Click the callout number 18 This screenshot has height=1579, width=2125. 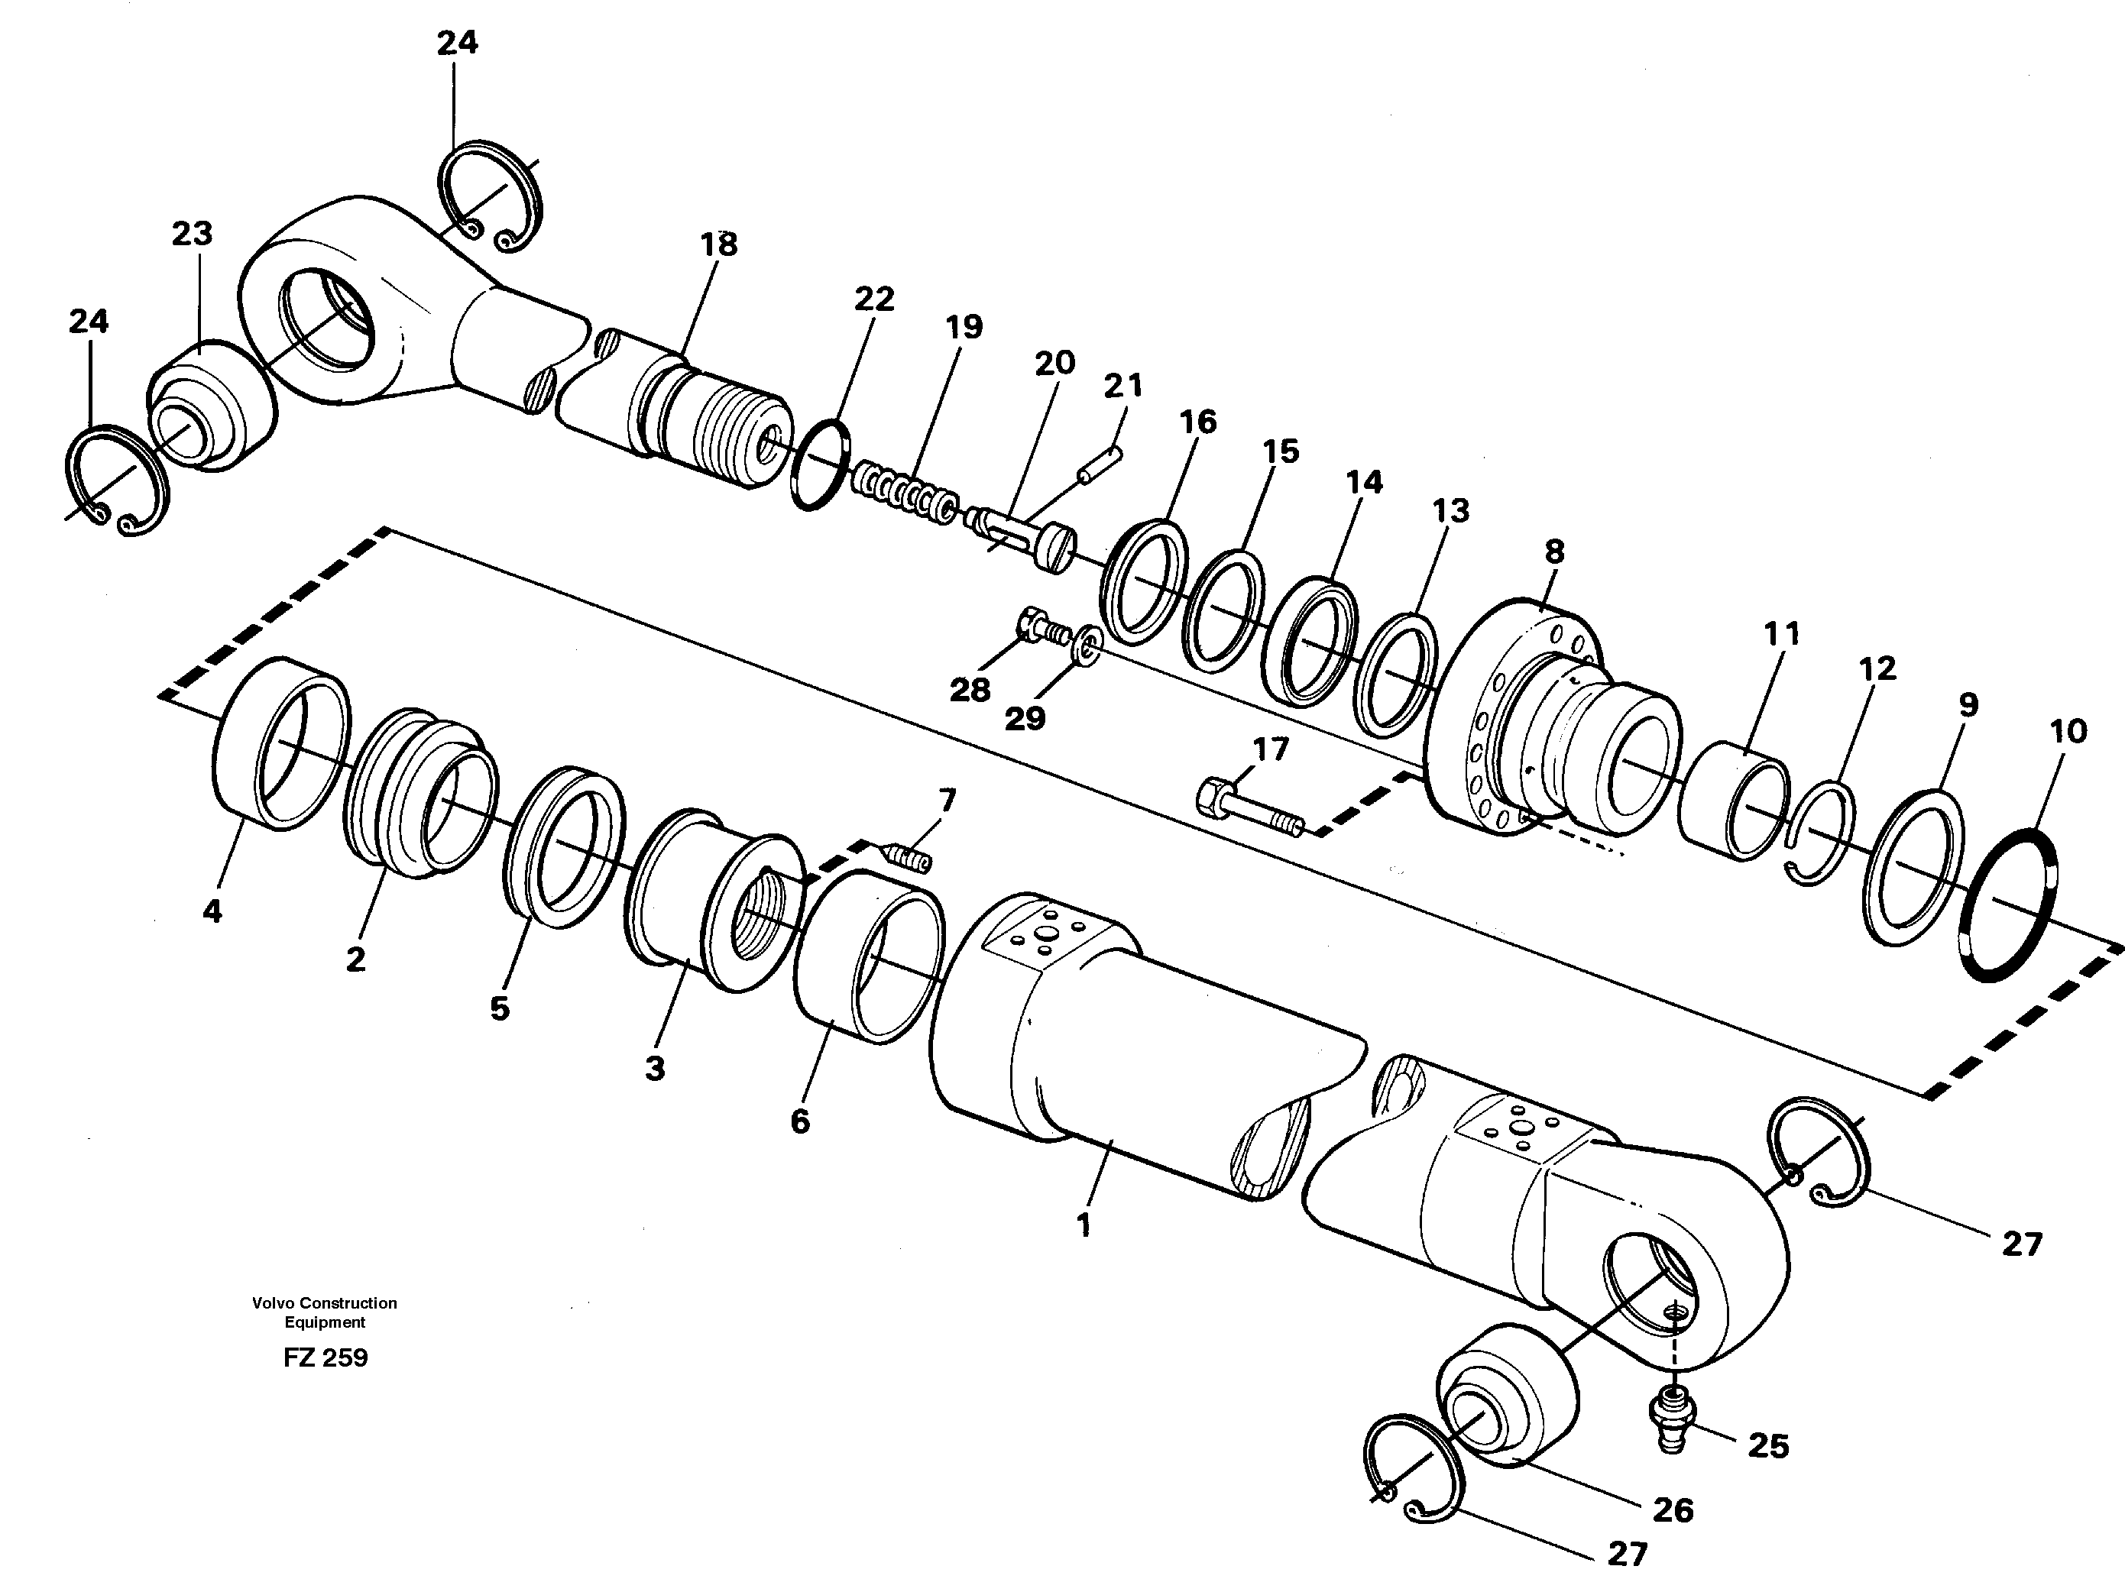(719, 244)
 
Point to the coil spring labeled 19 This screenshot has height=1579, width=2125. (902, 491)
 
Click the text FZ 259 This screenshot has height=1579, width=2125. (325, 1358)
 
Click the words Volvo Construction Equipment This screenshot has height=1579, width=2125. (325, 1312)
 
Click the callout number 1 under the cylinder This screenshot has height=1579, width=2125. (1083, 1226)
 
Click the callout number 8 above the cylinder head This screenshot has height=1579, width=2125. (1554, 552)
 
